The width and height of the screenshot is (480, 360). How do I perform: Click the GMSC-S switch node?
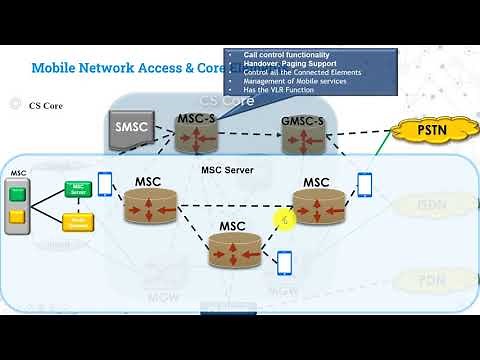[x=304, y=134]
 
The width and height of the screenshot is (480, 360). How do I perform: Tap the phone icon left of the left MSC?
[x=105, y=185]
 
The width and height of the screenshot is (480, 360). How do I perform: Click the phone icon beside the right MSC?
[x=365, y=185]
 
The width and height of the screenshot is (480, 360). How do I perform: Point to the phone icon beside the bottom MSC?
[x=284, y=263]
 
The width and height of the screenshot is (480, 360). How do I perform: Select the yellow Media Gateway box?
[x=78, y=222]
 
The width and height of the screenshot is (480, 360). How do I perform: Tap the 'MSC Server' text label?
[x=228, y=170]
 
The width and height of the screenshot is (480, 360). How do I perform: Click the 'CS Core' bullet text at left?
[x=46, y=104]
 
